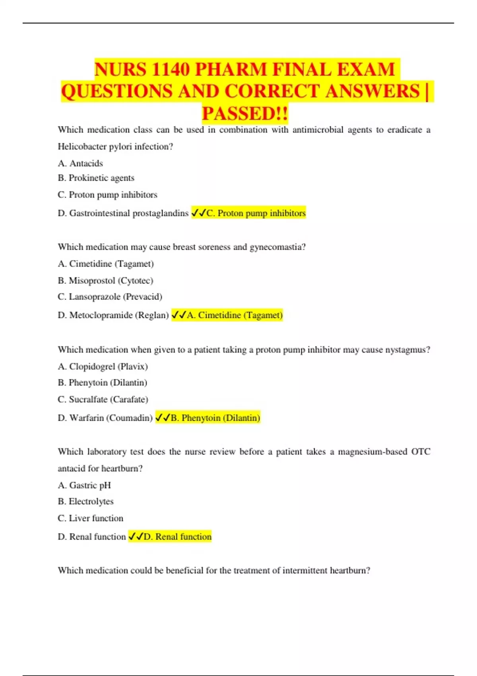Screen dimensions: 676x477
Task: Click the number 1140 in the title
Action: point(171,69)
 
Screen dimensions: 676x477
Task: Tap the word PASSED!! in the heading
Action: point(245,113)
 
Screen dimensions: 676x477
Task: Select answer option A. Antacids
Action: point(80,163)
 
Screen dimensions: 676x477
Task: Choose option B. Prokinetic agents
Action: point(96,178)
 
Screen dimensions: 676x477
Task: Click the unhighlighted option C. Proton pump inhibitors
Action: point(107,195)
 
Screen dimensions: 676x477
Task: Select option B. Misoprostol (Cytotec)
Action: point(105,280)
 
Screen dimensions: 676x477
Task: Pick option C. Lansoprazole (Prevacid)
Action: point(110,297)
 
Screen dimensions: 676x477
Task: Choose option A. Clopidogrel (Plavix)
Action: point(103,366)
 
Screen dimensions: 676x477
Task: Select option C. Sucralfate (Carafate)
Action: point(103,399)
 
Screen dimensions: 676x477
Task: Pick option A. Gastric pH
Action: point(84,485)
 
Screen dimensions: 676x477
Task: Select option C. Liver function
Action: point(90,518)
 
